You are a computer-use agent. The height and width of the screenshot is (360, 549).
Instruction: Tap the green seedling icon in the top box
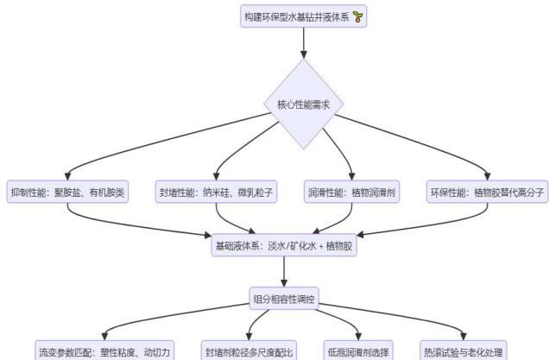pyautogui.click(x=357, y=17)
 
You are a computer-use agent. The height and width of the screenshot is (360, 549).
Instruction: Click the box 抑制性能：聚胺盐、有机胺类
pyautogui.click(x=67, y=193)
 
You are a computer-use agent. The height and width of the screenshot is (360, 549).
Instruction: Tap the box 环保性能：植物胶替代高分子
pyautogui.click(x=487, y=193)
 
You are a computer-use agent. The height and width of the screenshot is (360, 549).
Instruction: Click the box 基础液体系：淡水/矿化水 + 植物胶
pyautogui.click(x=284, y=246)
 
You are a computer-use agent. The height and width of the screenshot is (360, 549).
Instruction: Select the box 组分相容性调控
pyautogui.click(x=284, y=298)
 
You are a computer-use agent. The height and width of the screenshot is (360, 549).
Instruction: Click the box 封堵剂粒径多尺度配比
pyautogui.click(x=249, y=351)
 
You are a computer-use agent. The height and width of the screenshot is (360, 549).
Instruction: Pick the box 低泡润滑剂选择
pyautogui.click(x=357, y=351)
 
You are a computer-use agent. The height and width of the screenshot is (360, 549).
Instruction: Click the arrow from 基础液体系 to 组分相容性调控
pyautogui.click(x=284, y=272)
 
